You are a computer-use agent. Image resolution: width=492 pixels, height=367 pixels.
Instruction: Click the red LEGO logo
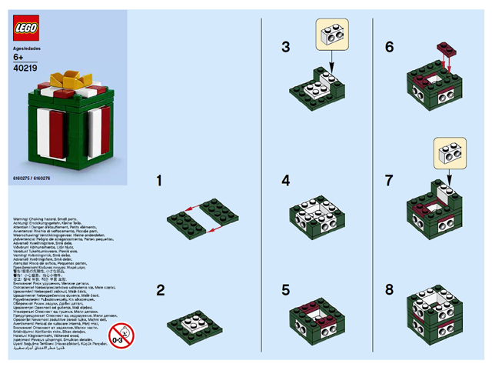[x=27, y=29]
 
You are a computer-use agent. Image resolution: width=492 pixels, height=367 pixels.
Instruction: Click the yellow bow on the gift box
[x=68, y=82]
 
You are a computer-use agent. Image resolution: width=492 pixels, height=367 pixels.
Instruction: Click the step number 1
[x=160, y=182]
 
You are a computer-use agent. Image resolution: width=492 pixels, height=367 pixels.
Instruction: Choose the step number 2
[x=160, y=290]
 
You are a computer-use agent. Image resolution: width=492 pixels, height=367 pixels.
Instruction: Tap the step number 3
[x=285, y=47]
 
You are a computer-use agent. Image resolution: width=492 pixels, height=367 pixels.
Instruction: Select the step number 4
[x=285, y=182]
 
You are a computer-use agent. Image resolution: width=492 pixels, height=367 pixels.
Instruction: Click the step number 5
[x=285, y=290]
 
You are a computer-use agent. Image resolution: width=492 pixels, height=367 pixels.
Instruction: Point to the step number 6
[x=390, y=47]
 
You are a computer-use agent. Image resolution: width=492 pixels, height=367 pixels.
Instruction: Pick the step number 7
[x=390, y=182]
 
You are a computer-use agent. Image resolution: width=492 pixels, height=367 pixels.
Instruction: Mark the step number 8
[x=390, y=290]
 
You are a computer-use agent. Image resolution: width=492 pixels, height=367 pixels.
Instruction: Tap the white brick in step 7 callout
[x=449, y=152]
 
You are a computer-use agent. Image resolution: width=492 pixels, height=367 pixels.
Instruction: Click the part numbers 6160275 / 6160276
[x=30, y=178]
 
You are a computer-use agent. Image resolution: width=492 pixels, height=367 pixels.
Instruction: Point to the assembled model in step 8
[x=437, y=318]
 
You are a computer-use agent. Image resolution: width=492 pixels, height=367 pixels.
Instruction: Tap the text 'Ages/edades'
[x=27, y=48]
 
